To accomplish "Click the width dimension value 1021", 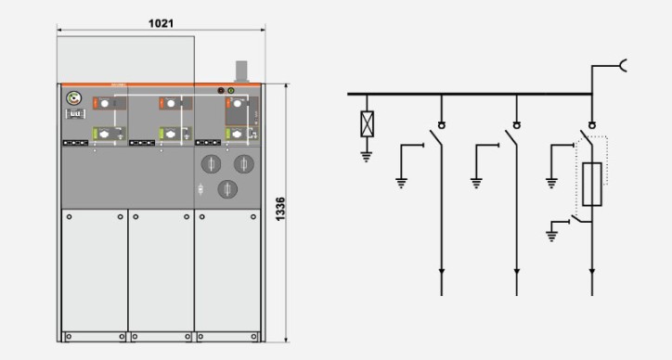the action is (x=162, y=23).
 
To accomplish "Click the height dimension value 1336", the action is (x=280, y=209).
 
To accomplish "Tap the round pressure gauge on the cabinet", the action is (x=73, y=98).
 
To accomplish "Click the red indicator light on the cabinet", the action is (x=221, y=90).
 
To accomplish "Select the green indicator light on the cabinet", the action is (x=231, y=90).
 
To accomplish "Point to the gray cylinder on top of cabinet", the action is (x=241, y=71).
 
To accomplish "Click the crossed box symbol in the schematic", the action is (x=367, y=123).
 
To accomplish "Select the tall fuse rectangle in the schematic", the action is (x=592, y=185).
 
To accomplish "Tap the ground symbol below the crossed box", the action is (x=367, y=157).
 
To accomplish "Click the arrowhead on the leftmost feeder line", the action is (x=442, y=272).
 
